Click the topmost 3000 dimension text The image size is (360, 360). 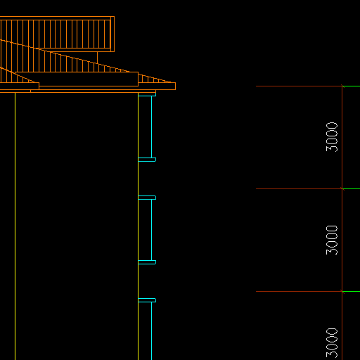pyautogui.click(x=332, y=137)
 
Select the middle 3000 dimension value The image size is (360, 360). pyautogui.click(x=332, y=240)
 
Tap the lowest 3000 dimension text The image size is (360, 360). pyautogui.click(x=332, y=343)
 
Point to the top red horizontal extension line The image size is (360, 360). pyautogui.click(x=299, y=86)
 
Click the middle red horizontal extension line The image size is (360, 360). pyautogui.click(x=299, y=188)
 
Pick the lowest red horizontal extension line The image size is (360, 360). pyautogui.click(x=299, y=292)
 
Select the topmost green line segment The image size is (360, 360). pyautogui.click(x=351, y=86)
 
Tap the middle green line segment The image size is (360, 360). pyautogui.click(x=351, y=188)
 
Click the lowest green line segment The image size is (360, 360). pyautogui.click(x=351, y=292)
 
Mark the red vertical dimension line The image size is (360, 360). pyautogui.click(x=342, y=223)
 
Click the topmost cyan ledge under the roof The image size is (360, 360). pyautogui.click(x=147, y=94)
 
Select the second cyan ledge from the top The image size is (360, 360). pyautogui.click(x=147, y=160)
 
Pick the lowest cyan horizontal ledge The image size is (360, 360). pyautogui.click(x=147, y=300)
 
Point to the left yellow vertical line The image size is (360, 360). pyautogui.click(x=15, y=226)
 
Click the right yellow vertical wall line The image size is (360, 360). pyautogui.click(x=139, y=226)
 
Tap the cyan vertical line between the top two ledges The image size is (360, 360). pyautogui.click(x=152, y=127)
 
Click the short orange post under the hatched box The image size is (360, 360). pyautogui.click(x=97, y=58)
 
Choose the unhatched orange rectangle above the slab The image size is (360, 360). pyautogui.click(x=77, y=79)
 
